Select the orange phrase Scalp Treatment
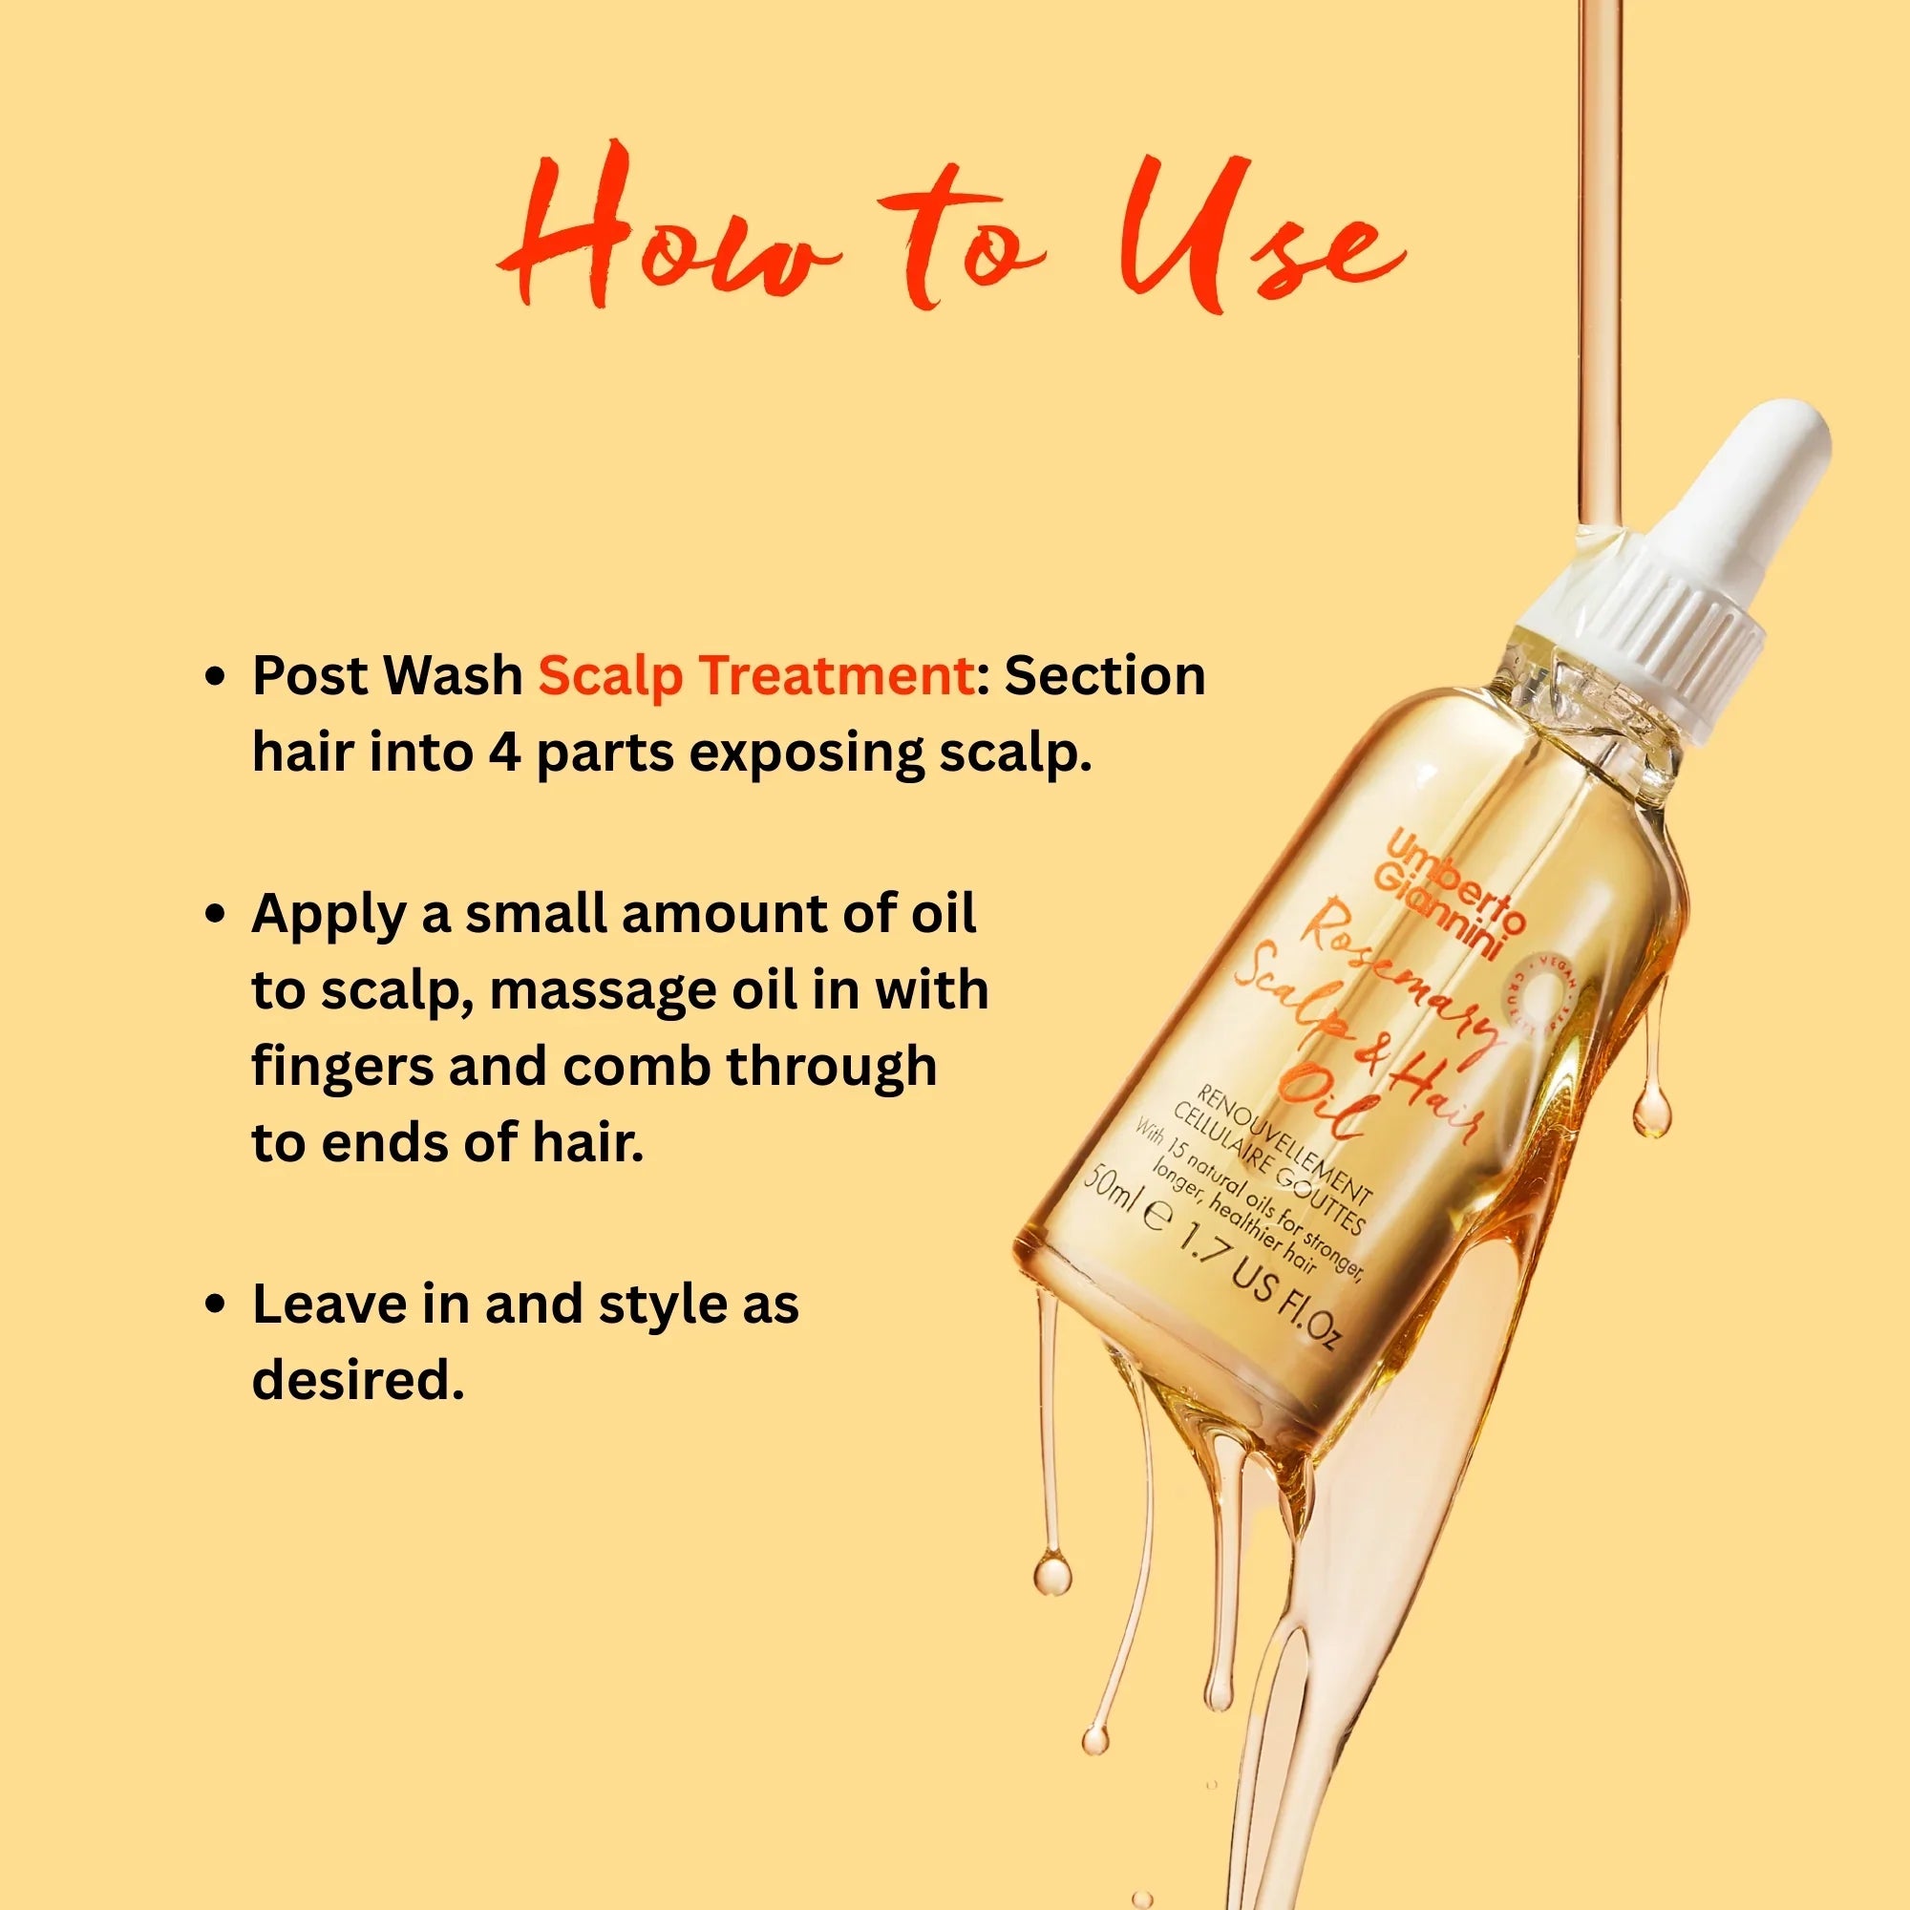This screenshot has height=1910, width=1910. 756,675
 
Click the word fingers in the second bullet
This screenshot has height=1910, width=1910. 341,1067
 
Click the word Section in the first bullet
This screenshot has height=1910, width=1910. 1104,675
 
